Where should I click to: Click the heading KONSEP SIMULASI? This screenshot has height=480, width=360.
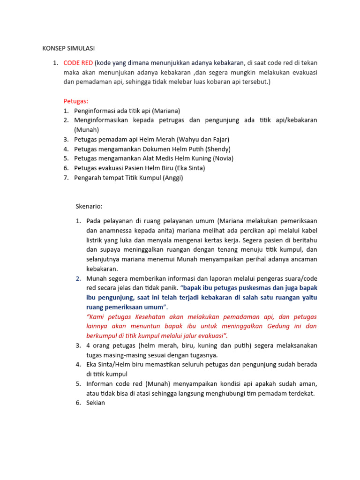pos(68,48)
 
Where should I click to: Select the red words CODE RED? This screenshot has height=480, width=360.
pos(78,63)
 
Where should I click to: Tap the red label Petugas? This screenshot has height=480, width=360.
pos(76,101)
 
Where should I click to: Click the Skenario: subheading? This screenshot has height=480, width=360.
pos(89,206)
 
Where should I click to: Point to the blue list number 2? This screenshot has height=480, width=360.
pos(78,278)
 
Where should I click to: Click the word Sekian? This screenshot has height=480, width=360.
pos(96,402)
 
